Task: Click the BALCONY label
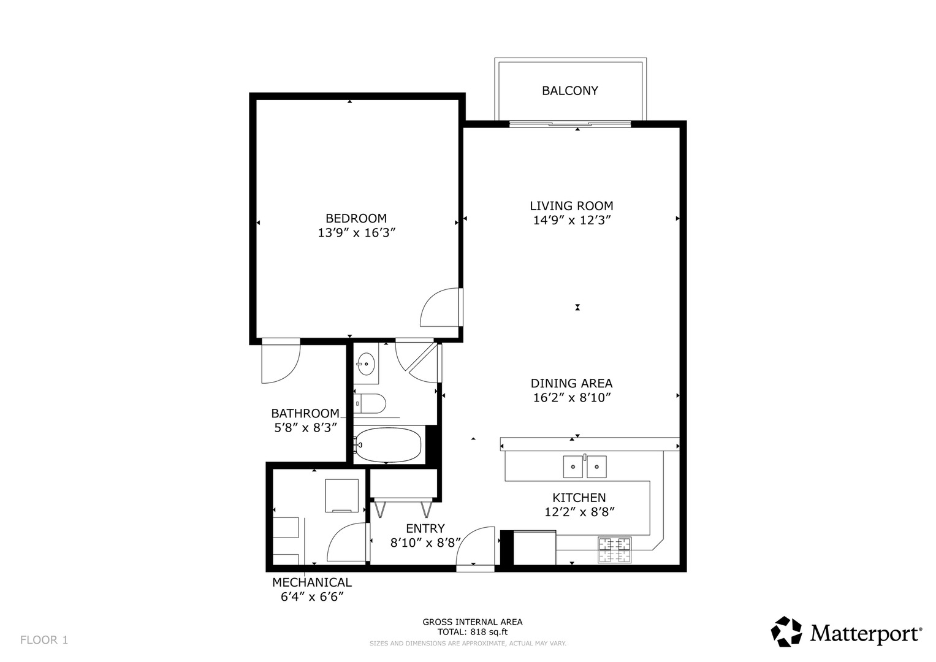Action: point(569,91)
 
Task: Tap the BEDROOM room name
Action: point(356,218)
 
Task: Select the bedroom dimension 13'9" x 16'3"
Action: point(356,233)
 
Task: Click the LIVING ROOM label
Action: point(571,206)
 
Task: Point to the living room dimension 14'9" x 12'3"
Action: point(572,220)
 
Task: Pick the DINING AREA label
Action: point(571,383)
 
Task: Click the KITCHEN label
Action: point(579,498)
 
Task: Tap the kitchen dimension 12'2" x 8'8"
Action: point(579,512)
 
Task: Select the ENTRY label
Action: point(425,528)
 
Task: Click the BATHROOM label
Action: point(305,413)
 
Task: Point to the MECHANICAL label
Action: point(312,582)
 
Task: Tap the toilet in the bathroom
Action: point(370,404)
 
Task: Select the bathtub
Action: point(388,444)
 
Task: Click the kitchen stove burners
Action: point(615,549)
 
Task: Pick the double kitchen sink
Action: point(585,466)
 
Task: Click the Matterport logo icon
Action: point(786,631)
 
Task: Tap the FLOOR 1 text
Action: point(44,640)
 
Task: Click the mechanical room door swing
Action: point(346,543)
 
